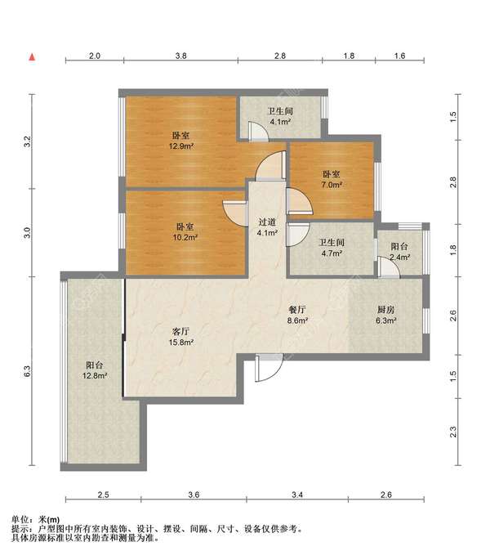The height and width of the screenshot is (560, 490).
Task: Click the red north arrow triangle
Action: point(32,56)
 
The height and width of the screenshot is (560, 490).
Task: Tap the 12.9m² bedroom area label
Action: point(181,146)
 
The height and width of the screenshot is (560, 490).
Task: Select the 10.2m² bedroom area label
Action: point(185,237)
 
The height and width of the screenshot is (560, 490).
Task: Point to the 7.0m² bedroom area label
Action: point(332,185)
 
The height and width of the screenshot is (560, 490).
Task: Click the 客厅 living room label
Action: point(180,331)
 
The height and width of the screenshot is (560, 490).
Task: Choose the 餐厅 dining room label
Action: point(297,310)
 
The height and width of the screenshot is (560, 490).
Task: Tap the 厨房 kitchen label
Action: point(385,310)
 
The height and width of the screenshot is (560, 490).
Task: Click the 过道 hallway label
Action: point(267,222)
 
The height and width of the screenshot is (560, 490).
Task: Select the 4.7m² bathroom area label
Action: point(332,253)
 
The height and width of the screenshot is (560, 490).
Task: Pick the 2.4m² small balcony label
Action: point(399,257)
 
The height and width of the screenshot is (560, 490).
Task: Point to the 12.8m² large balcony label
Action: point(95,376)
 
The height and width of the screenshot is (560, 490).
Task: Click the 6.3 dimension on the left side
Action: point(27,371)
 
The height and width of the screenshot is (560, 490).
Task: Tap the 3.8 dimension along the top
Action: point(181,56)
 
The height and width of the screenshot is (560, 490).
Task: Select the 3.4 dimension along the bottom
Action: point(297,495)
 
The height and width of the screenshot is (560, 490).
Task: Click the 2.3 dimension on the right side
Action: point(453,432)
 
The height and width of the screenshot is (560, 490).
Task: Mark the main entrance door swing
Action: point(269,368)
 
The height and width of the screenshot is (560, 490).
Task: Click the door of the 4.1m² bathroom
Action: point(259,131)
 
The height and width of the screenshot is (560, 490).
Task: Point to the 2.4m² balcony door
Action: point(389,267)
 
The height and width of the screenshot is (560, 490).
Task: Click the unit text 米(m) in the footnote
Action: point(49,520)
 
